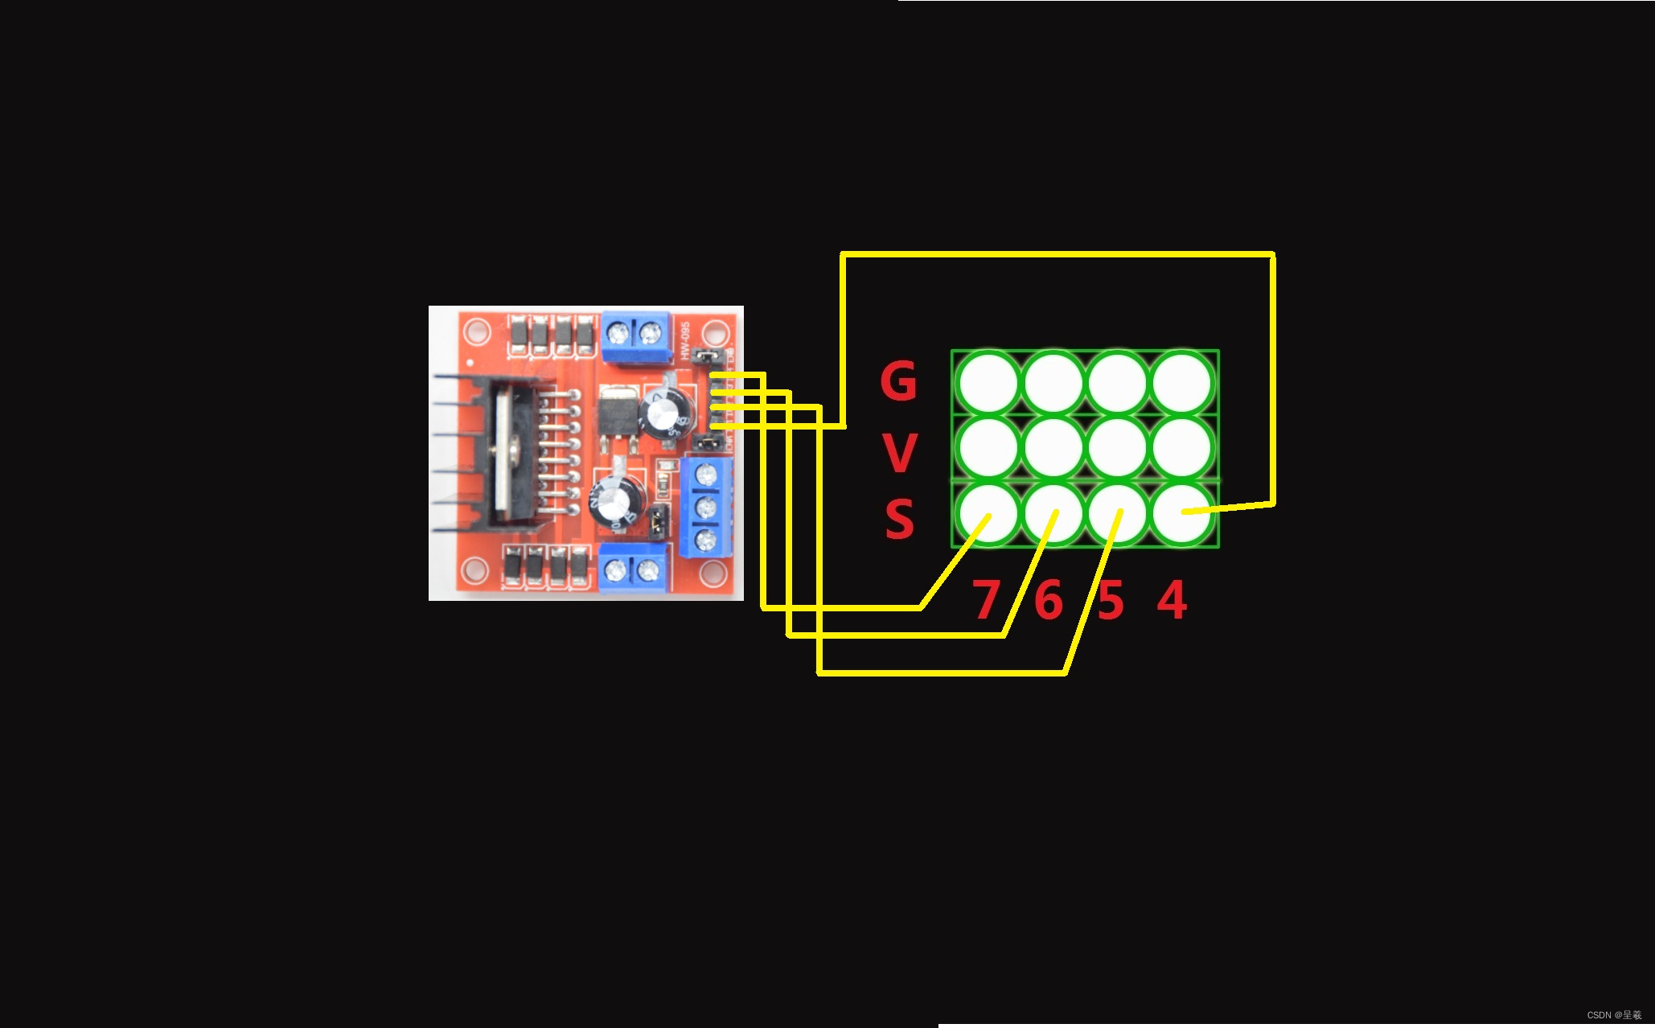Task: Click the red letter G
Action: coord(898,380)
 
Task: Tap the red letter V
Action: coord(900,453)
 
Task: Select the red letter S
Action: coord(900,519)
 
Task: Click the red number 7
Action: coord(986,600)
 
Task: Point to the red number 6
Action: coord(1049,600)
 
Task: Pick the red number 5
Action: coord(1111,601)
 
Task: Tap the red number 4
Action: coord(1172,600)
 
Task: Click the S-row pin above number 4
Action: coord(1182,513)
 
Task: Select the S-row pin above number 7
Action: coord(988,513)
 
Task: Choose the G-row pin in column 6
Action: coord(1053,383)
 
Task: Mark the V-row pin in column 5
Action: coord(1118,447)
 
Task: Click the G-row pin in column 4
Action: coord(1182,383)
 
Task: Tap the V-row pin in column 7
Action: coord(988,447)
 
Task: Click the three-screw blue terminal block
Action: coord(706,507)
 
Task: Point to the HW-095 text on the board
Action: coord(684,340)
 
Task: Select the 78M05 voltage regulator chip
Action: coord(618,412)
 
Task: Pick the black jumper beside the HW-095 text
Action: coord(708,355)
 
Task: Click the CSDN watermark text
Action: coord(1613,1015)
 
